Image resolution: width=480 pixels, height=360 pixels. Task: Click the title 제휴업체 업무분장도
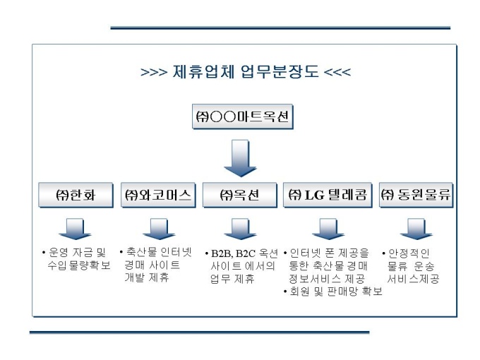(246, 73)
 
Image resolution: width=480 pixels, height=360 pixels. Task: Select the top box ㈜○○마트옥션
(243, 117)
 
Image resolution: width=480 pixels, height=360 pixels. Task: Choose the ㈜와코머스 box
(159, 195)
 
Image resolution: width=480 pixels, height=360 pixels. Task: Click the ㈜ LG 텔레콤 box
(328, 195)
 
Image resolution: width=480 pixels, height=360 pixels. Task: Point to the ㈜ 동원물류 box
(416, 195)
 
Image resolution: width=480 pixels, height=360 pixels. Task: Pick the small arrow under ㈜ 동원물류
(416, 229)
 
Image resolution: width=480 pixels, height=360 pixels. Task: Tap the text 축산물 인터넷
(156, 252)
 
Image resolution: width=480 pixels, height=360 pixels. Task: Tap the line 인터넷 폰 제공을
(329, 252)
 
